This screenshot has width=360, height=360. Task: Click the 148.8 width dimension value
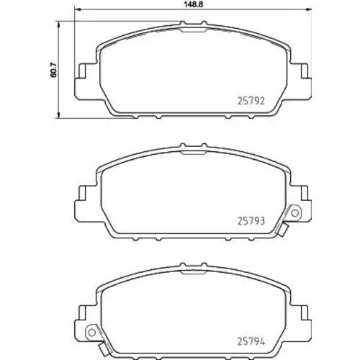click(193, 4)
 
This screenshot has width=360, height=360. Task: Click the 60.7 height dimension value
click(53, 70)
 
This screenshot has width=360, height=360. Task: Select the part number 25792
click(251, 101)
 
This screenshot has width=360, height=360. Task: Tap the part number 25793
click(251, 221)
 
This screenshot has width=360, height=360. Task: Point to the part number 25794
click(251, 341)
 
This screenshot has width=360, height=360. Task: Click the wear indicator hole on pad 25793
click(295, 213)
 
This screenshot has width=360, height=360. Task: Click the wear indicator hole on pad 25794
click(91, 333)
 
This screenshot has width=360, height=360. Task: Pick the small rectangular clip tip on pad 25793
click(282, 230)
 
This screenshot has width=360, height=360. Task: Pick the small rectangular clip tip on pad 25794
click(104, 349)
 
